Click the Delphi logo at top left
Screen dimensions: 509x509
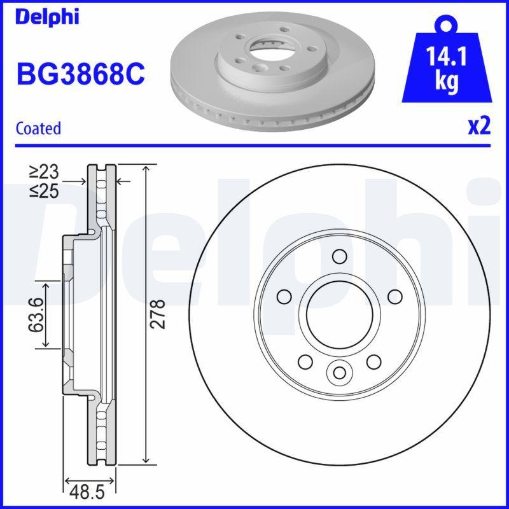47,17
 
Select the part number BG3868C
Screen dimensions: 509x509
80,74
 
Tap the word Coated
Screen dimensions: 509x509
38,128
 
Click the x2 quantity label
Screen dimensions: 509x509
479,127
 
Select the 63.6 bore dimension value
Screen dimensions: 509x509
36,314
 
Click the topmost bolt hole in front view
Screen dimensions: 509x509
339,256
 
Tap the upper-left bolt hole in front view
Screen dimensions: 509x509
283,296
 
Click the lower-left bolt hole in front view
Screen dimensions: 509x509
305,362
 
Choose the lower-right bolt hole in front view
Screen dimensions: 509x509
373,362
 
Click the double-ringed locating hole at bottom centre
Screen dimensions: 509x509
339,372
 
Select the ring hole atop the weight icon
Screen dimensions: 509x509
445,25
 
